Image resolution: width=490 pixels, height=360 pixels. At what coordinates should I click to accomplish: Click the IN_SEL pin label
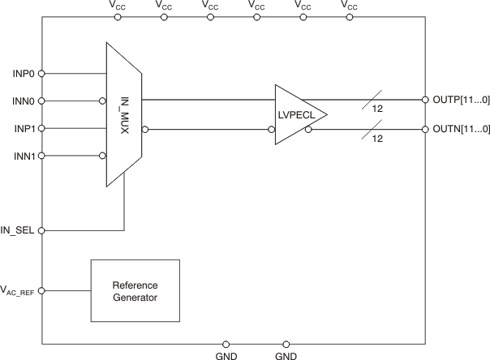click(x=19, y=230)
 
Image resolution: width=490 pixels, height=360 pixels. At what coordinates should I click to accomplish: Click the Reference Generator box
click(x=135, y=291)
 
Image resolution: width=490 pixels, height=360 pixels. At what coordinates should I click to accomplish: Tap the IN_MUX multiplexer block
click(x=124, y=115)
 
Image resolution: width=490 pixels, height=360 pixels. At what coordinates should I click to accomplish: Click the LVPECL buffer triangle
click(x=296, y=115)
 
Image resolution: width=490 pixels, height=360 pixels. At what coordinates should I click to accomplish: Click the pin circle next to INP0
click(x=42, y=73)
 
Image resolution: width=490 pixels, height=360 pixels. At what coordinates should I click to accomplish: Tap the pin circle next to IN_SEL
click(x=42, y=230)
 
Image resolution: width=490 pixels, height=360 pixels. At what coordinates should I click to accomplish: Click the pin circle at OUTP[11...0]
click(x=425, y=101)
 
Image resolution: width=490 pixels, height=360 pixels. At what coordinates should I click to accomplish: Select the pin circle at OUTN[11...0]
click(x=425, y=129)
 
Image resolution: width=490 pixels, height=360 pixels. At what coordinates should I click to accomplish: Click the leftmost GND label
click(x=226, y=355)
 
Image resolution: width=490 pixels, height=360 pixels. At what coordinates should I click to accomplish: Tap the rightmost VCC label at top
click(x=348, y=6)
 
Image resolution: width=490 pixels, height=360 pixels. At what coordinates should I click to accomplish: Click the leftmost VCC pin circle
click(x=118, y=16)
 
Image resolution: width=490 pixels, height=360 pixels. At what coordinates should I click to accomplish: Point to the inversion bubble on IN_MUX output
click(x=145, y=129)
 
